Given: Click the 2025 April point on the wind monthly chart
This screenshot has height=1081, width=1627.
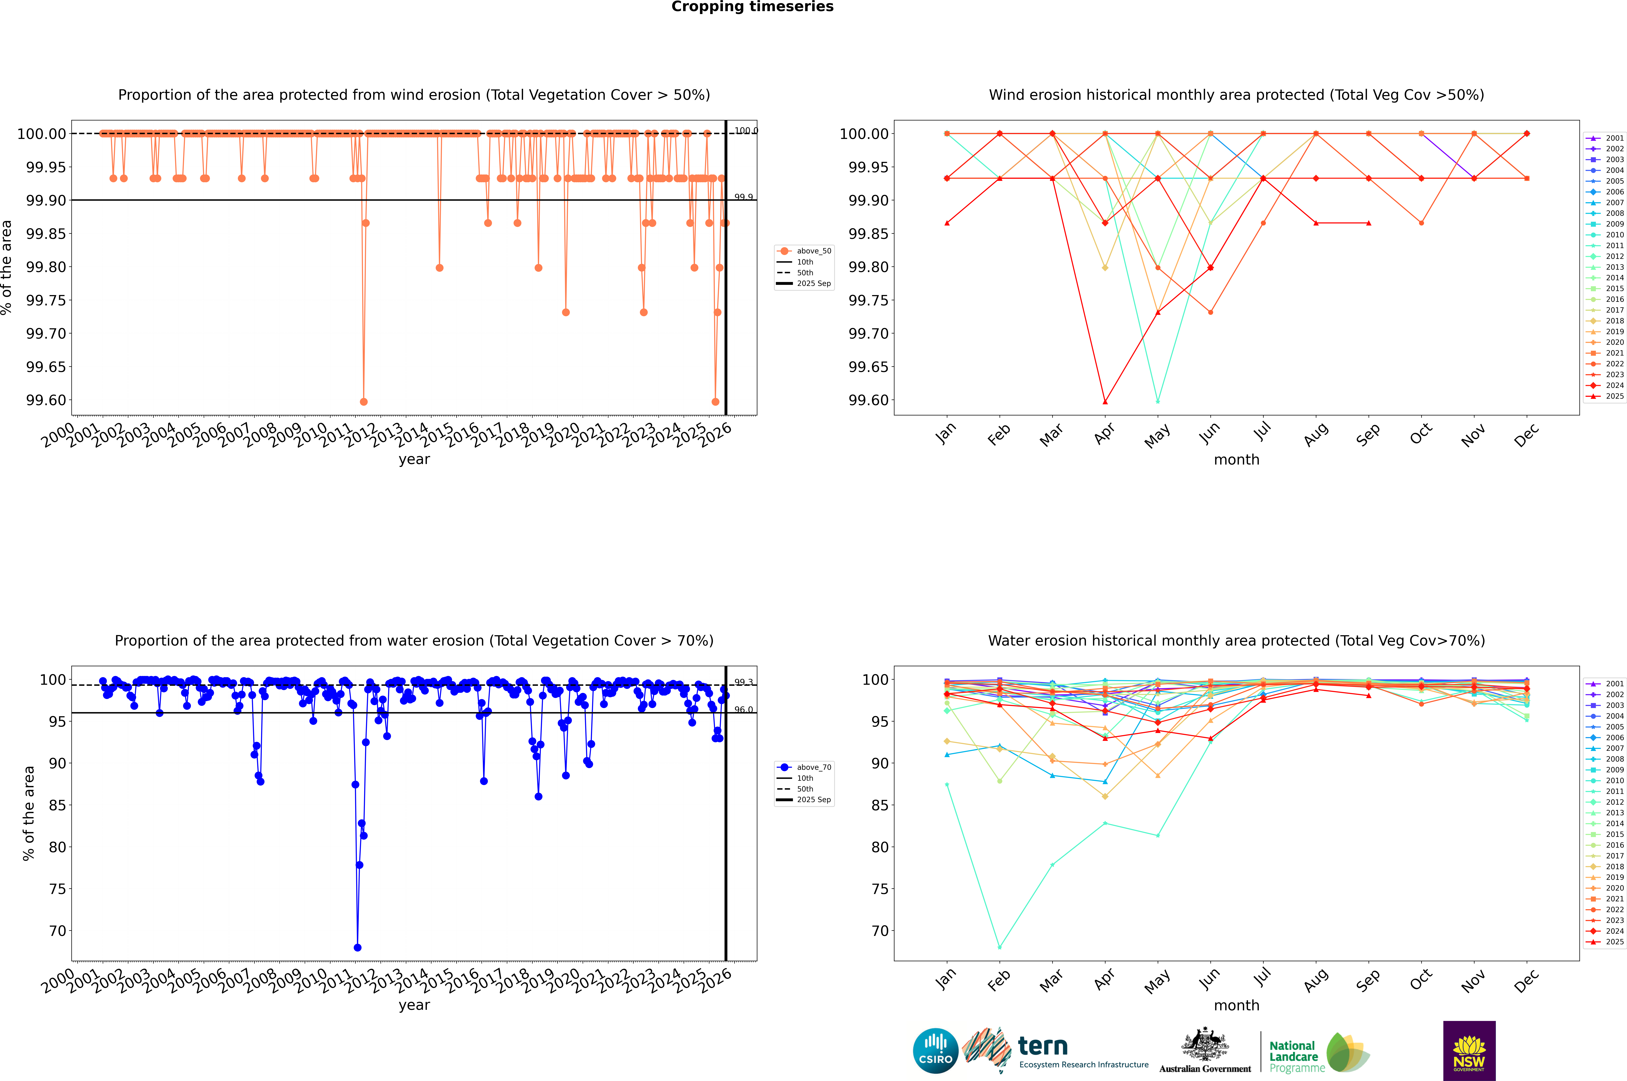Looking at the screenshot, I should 1105,402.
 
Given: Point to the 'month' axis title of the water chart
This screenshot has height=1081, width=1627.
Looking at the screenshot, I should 1236,1005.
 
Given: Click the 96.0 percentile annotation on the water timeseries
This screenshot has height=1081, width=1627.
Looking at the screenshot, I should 743,709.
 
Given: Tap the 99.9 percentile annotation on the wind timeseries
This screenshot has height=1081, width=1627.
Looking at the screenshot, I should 743,197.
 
